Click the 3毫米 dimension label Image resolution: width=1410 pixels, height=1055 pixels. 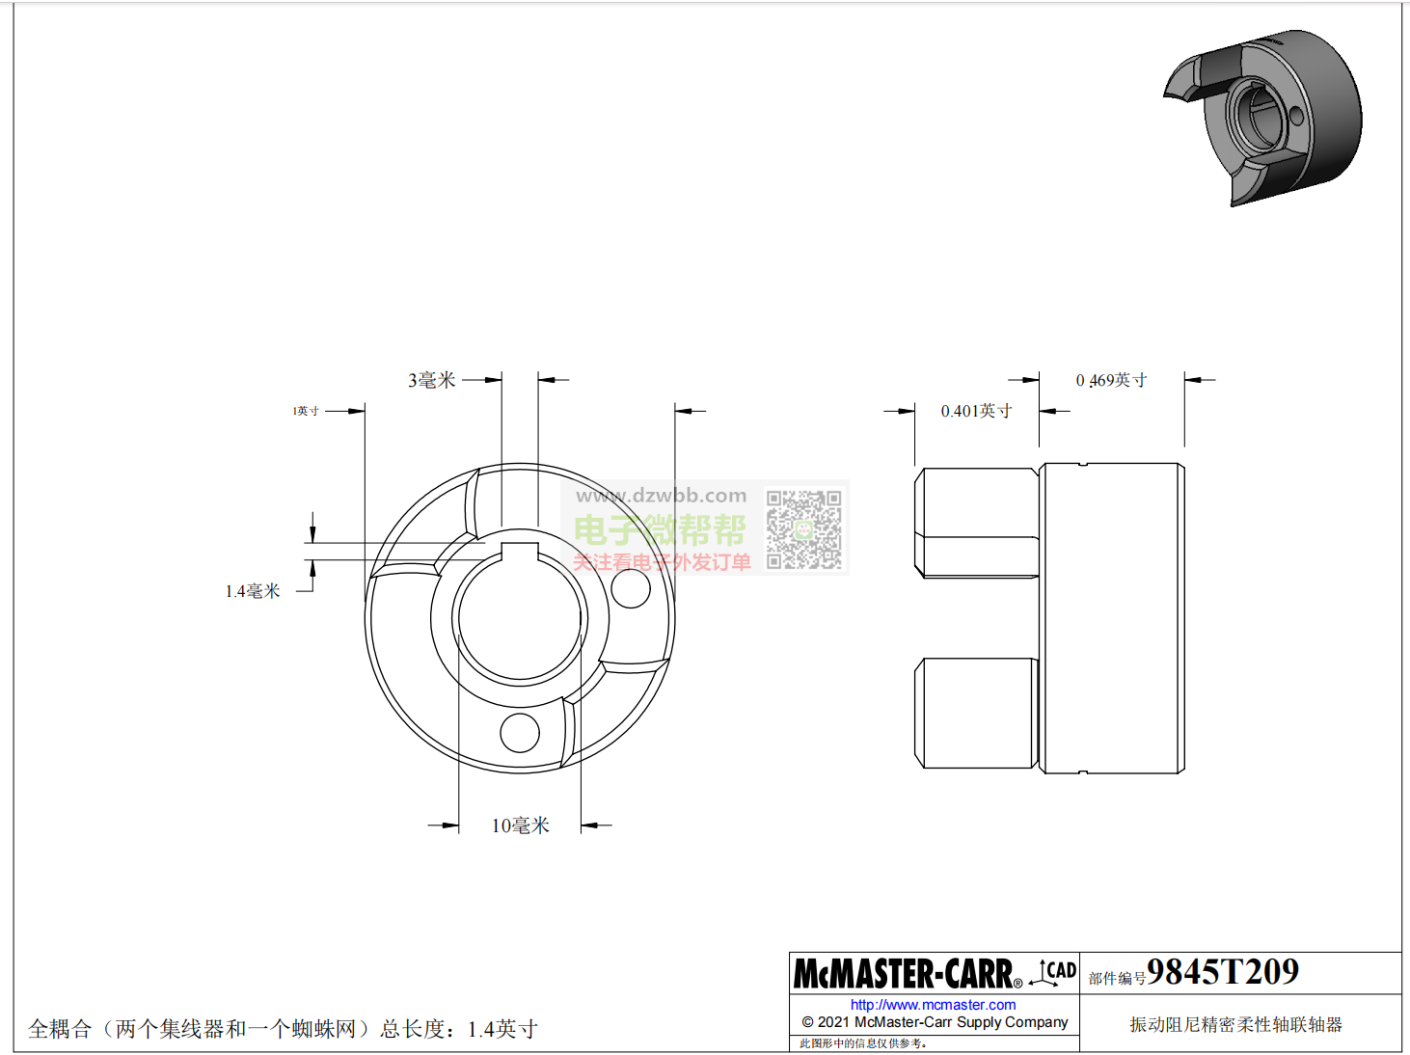[431, 380]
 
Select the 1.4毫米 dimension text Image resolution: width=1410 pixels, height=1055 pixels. [253, 591]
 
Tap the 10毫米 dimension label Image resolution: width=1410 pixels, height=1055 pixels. [520, 825]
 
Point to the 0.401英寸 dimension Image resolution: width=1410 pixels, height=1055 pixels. [976, 411]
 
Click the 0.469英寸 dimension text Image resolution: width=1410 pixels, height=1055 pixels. [1111, 380]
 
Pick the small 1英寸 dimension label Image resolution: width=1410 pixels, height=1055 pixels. [306, 411]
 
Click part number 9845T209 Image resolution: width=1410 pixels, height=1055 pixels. [1222, 972]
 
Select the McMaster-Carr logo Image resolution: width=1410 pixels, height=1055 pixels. [907, 974]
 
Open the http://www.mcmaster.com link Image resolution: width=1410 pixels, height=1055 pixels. [933, 1005]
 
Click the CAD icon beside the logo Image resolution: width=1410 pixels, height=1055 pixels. [1054, 972]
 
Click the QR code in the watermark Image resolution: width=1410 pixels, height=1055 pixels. [803, 529]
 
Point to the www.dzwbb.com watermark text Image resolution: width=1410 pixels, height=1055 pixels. [661, 496]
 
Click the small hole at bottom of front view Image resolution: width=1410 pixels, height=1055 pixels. [520, 733]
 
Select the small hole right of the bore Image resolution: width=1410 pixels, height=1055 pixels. [631, 588]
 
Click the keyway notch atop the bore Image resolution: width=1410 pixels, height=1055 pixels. [520, 551]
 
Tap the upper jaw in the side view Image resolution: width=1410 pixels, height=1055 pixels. [976, 522]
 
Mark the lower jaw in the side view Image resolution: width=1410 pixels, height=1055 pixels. [976, 713]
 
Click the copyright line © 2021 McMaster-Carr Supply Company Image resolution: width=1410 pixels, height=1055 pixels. [935, 1022]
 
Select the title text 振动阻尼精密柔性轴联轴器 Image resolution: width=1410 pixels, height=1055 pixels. [1235, 1024]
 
